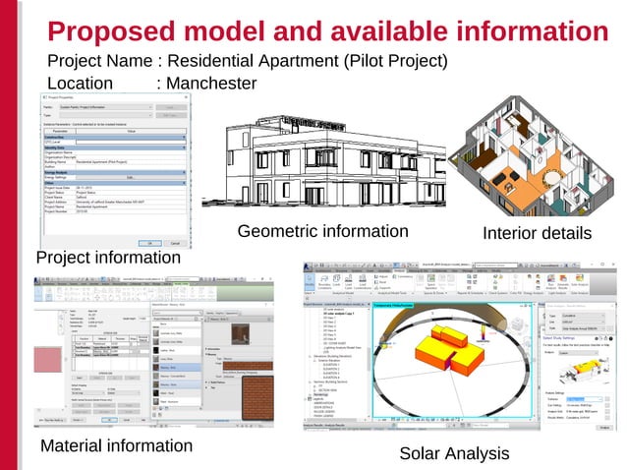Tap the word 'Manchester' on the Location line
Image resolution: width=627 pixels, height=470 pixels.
pyautogui.click(x=206, y=84)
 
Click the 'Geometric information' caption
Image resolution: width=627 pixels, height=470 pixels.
pyautogui.click(x=322, y=232)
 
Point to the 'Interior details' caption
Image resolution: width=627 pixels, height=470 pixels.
pyautogui.click(x=537, y=234)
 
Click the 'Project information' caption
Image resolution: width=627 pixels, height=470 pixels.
pyautogui.click(x=108, y=258)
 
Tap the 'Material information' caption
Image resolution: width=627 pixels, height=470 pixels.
pyautogui.click(x=116, y=445)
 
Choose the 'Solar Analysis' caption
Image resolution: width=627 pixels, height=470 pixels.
pyautogui.click(x=454, y=453)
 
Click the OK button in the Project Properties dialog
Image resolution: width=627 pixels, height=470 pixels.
pyautogui.click(x=148, y=243)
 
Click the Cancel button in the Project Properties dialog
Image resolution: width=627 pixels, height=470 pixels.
pyautogui.click(x=173, y=243)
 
